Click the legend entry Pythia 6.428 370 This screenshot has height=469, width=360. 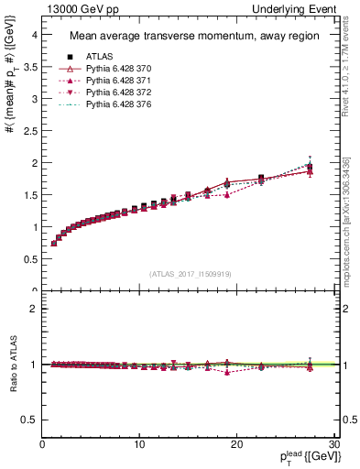tap(112, 69)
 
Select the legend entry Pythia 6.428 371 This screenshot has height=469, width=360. tap(112, 82)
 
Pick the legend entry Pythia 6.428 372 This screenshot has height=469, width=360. tap(112, 93)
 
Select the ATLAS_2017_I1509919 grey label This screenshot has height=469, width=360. tap(190, 274)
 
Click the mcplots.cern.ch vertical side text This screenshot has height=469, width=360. tap(347, 220)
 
